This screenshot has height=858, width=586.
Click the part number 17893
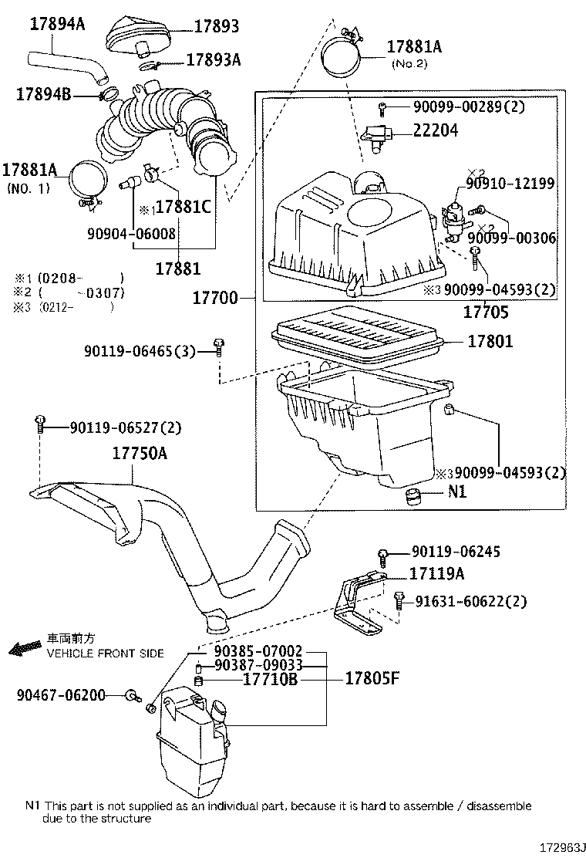pos(216,27)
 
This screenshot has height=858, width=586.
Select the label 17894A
pos(57,24)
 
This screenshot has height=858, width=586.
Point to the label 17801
pos(487,340)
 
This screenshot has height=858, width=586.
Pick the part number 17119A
pos(436,574)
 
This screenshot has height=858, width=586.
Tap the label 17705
pos(485,312)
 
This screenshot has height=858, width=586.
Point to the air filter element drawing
pos(356,337)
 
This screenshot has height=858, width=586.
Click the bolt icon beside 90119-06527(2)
pos(39,424)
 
